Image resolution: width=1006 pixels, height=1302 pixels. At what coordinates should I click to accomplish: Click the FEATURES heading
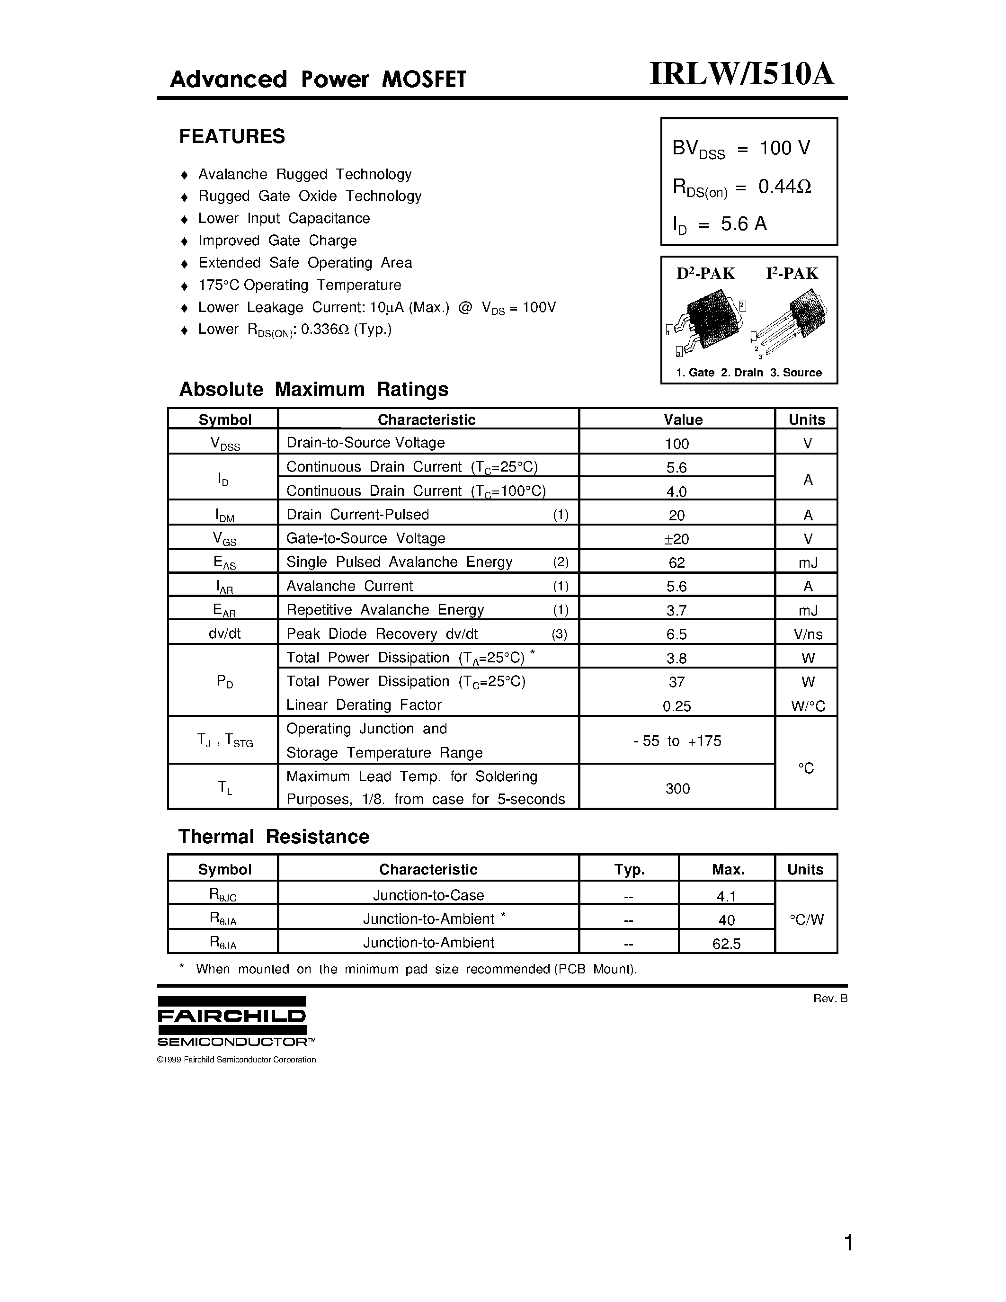point(232,136)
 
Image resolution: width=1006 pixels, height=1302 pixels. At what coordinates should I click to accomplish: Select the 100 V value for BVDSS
point(784,148)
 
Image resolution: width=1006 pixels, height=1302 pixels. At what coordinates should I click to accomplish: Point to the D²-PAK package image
point(707,322)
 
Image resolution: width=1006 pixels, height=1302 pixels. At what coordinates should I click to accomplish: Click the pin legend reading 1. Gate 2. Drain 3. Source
point(748,373)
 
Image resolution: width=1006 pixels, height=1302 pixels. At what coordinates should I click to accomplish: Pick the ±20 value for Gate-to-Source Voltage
point(677,539)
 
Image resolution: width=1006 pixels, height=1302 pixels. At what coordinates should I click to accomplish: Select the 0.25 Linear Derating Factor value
point(677,706)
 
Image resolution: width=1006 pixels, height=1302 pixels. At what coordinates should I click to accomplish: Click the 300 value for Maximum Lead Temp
point(677,789)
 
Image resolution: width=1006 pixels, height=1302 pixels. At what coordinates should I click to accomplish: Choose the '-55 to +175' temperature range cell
point(677,741)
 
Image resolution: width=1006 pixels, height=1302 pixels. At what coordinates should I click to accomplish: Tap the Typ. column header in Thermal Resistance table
point(629,870)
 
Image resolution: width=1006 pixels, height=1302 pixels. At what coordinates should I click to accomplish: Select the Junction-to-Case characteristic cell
point(428,895)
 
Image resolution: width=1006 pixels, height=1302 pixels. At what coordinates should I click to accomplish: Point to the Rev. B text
point(829,999)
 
